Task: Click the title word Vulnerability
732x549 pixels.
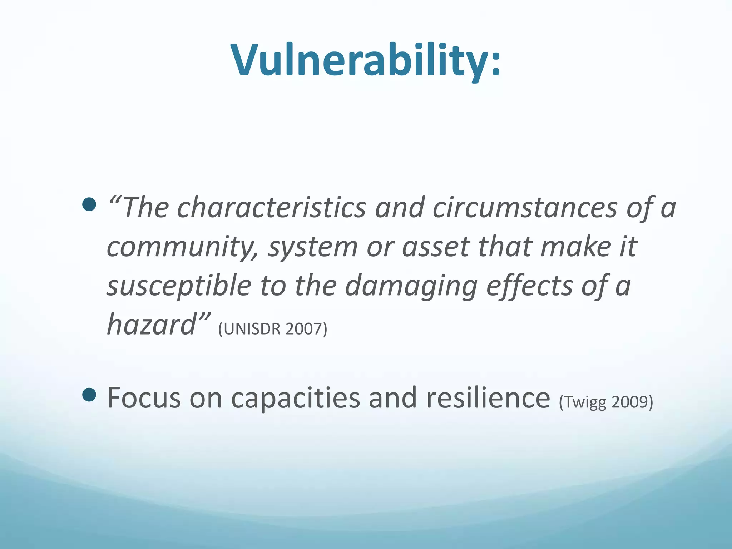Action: [359, 60]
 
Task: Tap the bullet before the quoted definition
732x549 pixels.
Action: [89, 204]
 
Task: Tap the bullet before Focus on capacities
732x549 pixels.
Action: [89, 395]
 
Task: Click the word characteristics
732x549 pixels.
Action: [272, 208]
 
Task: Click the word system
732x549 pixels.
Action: [313, 247]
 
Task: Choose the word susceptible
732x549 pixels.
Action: [179, 286]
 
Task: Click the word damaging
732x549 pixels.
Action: [411, 286]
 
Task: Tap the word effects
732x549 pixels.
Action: [529, 286]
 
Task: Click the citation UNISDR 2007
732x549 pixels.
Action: [273, 329]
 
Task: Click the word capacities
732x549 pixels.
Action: [295, 398]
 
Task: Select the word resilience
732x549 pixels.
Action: [488, 398]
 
